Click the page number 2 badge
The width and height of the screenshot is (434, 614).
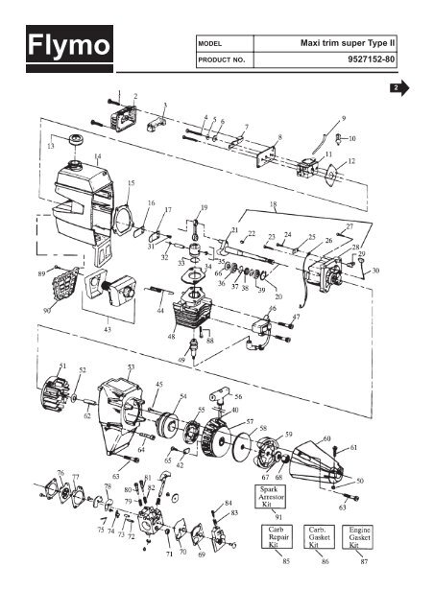[x=394, y=88]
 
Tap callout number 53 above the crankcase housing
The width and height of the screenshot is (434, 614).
[x=131, y=366]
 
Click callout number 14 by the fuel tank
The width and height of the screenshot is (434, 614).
[x=97, y=155]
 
